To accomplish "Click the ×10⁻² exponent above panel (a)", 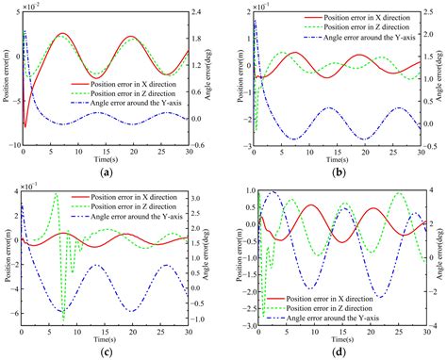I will tap(36, 6).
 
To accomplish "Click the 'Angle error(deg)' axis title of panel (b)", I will tap(444, 79).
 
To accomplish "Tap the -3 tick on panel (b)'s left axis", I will tap(245, 146).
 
